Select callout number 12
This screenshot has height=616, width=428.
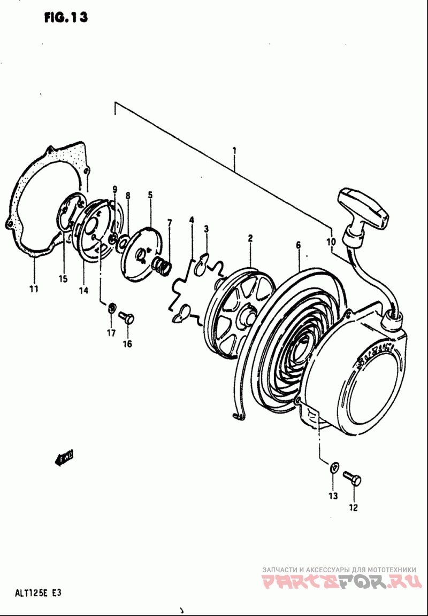354,508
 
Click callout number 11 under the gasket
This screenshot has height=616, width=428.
33,289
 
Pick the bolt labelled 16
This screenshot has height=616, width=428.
127,318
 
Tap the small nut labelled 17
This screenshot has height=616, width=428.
112,308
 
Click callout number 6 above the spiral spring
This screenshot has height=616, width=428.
298,245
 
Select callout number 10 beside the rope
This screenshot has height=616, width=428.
331,241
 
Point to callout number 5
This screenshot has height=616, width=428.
150,196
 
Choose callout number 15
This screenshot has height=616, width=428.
64,278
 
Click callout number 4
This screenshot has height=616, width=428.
191,220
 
